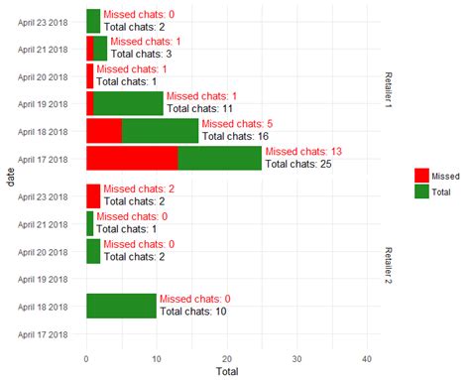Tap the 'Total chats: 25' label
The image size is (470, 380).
click(x=297, y=164)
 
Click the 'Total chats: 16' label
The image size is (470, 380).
click(x=235, y=136)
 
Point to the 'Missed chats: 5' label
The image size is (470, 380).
click(x=237, y=123)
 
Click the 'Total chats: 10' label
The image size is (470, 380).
click(x=193, y=312)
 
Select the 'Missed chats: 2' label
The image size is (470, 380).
click(x=139, y=189)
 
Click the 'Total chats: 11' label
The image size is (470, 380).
click(x=200, y=108)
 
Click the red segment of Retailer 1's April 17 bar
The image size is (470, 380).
click(x=132, y=158)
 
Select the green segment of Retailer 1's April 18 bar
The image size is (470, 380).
click(x=160, y=130)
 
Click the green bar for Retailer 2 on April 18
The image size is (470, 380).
click(x=121, y=306)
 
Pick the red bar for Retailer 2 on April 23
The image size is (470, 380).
click(x=93, y=195)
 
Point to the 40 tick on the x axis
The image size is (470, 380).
click(x=367, y=358)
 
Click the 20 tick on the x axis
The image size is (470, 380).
click(x=227, y=358)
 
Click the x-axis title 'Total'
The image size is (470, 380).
click(x=227, y=372)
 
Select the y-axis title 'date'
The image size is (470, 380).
click(x=10, y=177)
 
